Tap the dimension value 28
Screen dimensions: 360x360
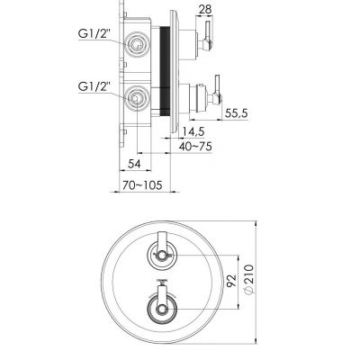[x=206, y=9]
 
